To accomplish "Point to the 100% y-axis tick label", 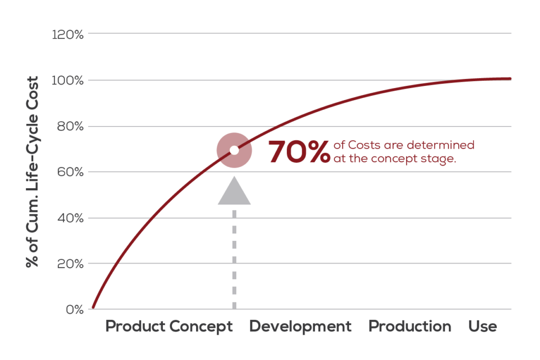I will (68, 81).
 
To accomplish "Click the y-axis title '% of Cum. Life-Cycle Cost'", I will (33, 172).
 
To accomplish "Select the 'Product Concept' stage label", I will (169, 326).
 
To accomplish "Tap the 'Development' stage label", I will (300, 326).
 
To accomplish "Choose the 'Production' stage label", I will (410, 326).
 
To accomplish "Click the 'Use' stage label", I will (483, 326).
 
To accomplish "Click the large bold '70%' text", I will (299, 152).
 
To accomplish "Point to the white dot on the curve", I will (234, 150).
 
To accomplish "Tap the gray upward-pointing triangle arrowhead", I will (234, 191).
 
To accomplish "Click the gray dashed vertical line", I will (234, 258).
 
